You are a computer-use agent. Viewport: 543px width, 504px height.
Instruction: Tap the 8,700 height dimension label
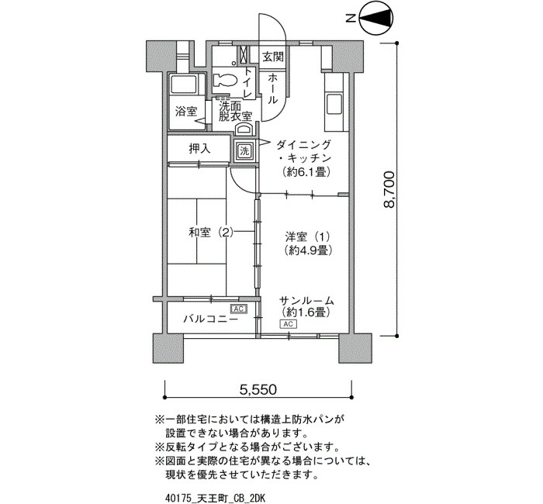389,189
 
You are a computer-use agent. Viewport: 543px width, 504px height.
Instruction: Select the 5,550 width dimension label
258,389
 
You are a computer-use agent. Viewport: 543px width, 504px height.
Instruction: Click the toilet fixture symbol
225,81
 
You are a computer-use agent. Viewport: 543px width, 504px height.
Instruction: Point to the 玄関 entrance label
273,57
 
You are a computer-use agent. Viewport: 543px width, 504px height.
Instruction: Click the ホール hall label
272,88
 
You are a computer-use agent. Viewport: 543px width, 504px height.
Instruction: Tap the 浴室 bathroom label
186,112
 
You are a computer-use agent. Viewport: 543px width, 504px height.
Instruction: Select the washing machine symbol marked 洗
244,151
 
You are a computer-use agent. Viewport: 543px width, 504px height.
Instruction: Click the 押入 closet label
199,149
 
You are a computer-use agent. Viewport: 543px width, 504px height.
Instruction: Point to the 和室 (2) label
211,233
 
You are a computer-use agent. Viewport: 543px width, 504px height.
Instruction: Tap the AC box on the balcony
239,309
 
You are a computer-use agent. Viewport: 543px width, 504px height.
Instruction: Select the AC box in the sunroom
288,324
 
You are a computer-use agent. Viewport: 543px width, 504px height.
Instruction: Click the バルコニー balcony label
210,319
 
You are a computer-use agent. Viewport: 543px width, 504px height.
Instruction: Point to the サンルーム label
306,301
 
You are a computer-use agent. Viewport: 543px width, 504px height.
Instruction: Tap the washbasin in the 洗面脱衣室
244,129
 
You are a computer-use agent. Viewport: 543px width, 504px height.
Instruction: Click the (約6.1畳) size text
305,171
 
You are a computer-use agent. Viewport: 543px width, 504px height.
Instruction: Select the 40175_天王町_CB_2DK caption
216,499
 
